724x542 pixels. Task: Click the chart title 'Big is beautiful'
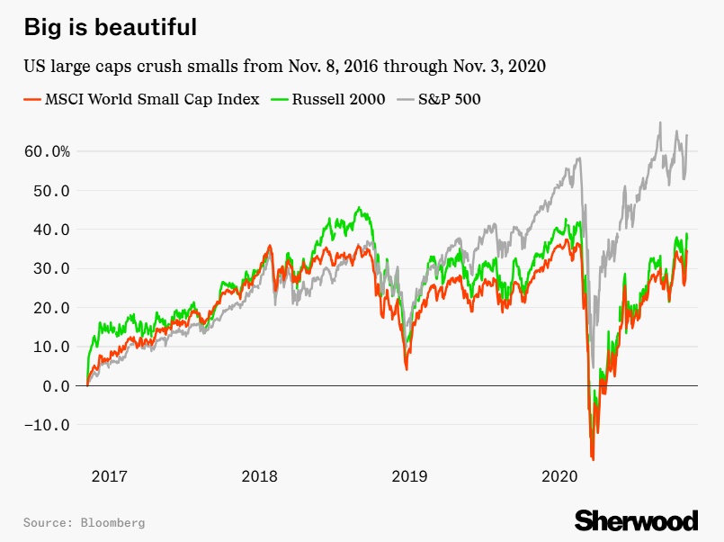point(110,27)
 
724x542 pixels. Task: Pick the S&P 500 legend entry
point(438,99)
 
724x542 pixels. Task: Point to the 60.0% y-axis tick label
point(48,151)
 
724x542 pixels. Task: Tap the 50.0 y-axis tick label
point(51,190)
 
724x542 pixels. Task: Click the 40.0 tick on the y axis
point(51,229)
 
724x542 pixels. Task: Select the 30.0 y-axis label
point(51,268)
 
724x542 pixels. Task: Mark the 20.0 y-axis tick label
point(51,307)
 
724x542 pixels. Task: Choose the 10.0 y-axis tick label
point(51,347)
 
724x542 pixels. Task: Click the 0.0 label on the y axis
point(56,385)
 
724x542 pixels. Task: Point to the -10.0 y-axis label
point(48,424)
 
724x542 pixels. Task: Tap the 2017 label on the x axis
point(109,475)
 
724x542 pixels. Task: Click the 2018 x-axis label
point(260,475)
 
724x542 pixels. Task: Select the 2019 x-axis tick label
point(410,475)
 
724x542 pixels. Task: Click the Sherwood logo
point(636,520)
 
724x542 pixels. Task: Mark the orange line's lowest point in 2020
point(593,459)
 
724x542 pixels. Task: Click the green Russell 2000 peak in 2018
point(359,208)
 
